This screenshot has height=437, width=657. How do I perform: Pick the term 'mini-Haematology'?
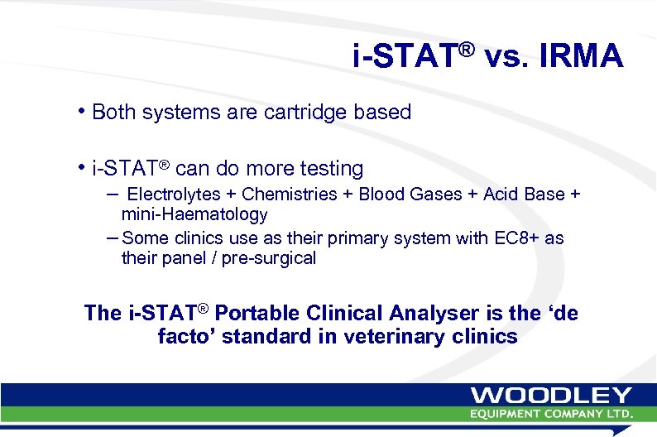[194, 214]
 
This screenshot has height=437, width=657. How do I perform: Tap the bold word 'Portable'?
[257, 313]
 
